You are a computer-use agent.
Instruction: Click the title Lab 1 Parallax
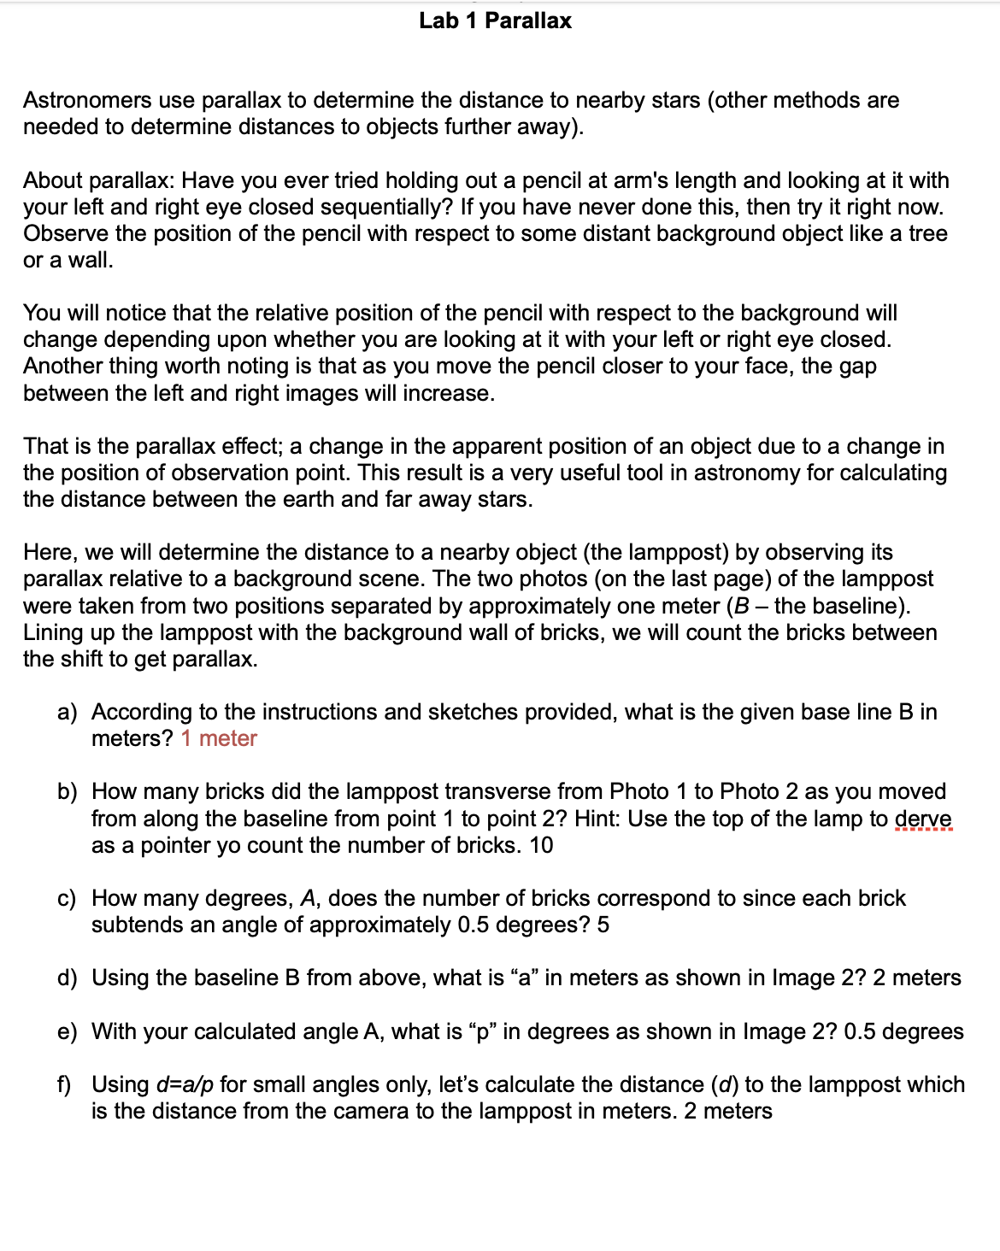[x=495, y=21]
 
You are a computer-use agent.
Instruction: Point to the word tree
[x=927, y=233]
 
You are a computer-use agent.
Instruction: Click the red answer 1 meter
[x=219, y=738]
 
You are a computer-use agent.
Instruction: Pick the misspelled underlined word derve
[x=923, y=819]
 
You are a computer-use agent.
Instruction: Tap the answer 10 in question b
[x=541, y=845]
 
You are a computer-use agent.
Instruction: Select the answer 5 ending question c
[x=603, y=925]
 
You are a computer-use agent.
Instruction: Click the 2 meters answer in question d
[x=916, y=978]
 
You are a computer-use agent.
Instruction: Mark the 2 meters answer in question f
[x=728, y=1111]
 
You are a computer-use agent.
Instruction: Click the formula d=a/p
[x=185, y=1084]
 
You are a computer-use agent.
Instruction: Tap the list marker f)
[x=65, y=1084]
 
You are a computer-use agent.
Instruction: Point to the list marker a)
[x=67, y=712]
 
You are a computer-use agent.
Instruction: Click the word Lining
[x=52, y=632]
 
